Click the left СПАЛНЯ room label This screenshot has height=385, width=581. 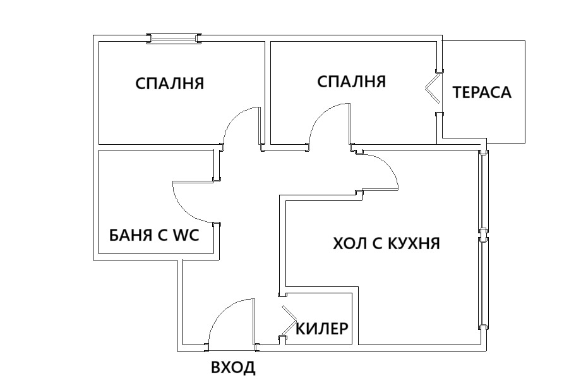coord(170,83)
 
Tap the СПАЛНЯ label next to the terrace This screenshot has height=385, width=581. coord(351,82)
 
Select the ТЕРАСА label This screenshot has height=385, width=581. coord(482,92)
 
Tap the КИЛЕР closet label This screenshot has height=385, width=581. coord(322,329)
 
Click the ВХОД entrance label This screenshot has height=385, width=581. coord(233,367)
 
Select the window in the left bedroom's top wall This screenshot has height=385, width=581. coord(174,39)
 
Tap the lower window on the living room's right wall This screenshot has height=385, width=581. coord(483,282)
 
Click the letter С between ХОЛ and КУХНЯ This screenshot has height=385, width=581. coord(374,243)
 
